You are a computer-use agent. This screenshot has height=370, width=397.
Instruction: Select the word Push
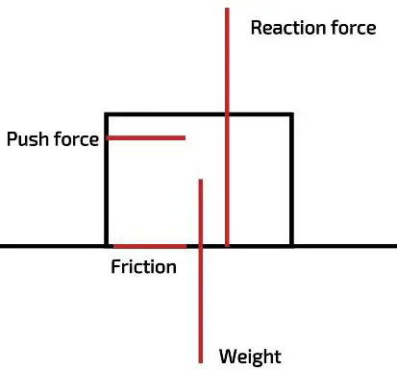coord(27,139)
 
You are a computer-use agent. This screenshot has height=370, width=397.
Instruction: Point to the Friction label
coord(144,267)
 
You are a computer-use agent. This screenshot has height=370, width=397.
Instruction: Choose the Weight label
coord(250,357)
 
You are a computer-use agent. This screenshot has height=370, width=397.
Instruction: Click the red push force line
coord(145,138)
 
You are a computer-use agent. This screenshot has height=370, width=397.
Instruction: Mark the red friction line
coord(149,247)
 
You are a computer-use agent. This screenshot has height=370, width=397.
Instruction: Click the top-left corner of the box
coord(106,115)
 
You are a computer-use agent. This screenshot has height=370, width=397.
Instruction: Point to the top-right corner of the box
coord(290,115)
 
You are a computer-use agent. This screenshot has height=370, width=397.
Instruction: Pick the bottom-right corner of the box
coord(290,247)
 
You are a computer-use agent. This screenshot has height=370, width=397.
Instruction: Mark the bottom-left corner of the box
coord(106,247)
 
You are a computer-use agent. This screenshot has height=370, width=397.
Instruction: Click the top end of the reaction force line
coord(227,10)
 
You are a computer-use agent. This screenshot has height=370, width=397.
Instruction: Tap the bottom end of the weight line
coord(200,361)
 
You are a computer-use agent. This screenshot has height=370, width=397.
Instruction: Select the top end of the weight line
coord(200,180)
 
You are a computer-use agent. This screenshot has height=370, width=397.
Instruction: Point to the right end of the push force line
coord(184,138)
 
